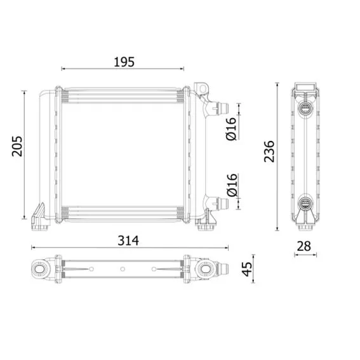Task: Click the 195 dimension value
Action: tap(124, 62)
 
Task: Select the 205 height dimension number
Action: tap(17, 147)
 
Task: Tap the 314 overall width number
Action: tap(128, 241)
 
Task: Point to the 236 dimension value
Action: tap(269, 152)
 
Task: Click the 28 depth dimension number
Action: tap(303, 246)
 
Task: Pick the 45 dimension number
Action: tap(247, 269)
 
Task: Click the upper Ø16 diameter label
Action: tap(231, 128)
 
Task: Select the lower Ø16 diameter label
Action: tap(232, 185)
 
